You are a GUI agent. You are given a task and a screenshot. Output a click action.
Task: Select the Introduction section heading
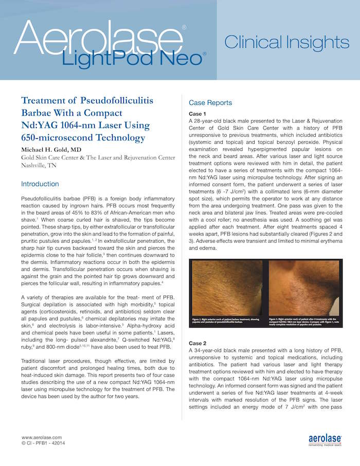click(40, 184)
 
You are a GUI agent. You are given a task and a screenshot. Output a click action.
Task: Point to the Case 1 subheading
click(198, 113)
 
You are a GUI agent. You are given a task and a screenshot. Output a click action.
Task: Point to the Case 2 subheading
click(198, 343)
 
